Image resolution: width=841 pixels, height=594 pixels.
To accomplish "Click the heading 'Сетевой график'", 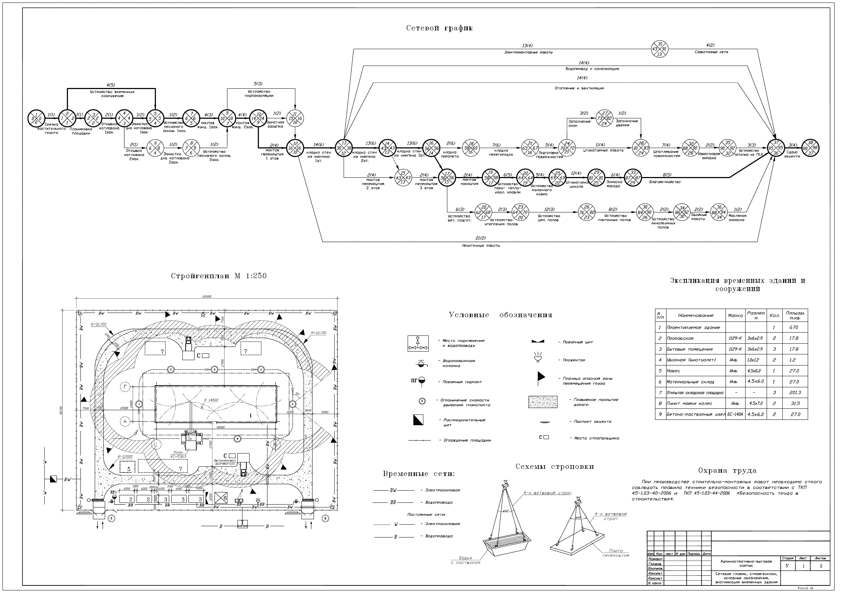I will coord(439,28).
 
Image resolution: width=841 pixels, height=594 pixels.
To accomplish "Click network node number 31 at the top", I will coord(660,49).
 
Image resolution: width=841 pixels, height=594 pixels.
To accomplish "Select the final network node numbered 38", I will coord(810,148).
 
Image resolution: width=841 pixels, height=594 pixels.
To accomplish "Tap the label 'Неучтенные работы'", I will coord(481,246).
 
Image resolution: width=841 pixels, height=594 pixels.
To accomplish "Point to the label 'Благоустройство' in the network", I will coord(665,182).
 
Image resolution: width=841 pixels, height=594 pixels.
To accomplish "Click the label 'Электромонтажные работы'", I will coord(528,53).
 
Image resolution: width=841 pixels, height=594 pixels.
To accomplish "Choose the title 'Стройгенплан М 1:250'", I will coord(219,276).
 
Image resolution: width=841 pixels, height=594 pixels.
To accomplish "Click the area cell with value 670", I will coord(794,328).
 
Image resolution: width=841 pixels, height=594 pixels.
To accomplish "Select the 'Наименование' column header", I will coord(695,315).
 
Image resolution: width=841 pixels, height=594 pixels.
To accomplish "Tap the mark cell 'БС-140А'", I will coord(735,414).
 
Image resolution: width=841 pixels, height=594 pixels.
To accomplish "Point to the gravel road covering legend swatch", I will coord(542,402).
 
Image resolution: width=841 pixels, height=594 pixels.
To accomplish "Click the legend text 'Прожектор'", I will coord(574,360).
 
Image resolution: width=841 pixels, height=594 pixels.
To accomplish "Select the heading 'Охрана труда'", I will coord(727,471).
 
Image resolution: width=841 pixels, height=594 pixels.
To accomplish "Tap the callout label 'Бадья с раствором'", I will coord(465,560).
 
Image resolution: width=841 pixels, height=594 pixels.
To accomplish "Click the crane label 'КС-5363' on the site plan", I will coord(178,457).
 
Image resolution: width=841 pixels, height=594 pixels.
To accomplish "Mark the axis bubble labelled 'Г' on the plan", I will coord(125,387).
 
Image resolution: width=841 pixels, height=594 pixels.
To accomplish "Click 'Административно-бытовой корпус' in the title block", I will coord(746,564).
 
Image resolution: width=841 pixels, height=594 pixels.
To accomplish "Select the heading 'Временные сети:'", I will coord(419,474).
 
